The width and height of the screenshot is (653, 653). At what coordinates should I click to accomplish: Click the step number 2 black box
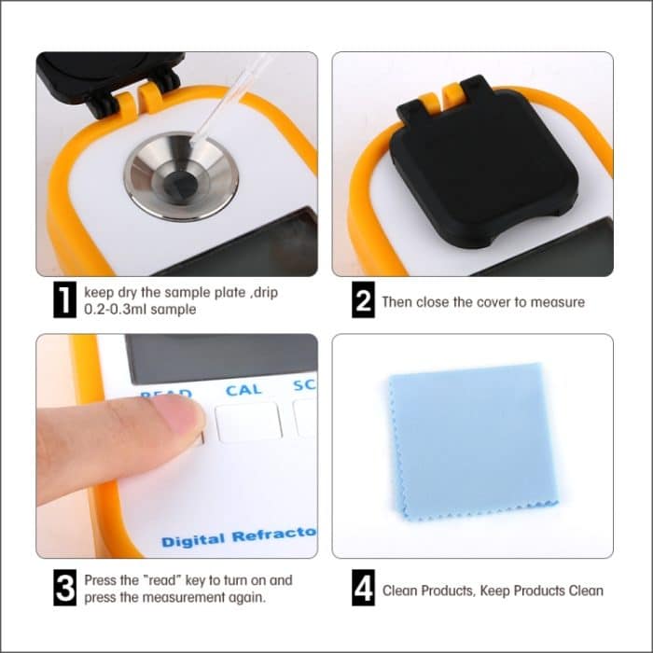pyautogui.click(x=364, y=301)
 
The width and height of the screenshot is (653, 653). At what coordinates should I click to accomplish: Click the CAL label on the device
pyautogui.click(x=243, y=390)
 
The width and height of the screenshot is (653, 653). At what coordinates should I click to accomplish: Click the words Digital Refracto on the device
pyautogui.click(x=239, y=538)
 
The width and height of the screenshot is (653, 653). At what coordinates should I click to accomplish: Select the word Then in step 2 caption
pyautogui.click(x=396, y=301)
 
